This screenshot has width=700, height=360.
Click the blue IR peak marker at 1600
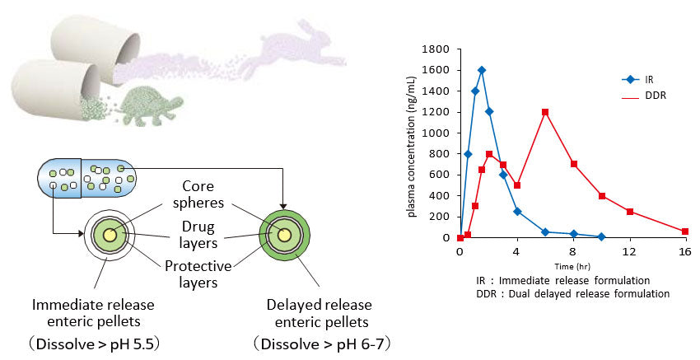pos(482,70)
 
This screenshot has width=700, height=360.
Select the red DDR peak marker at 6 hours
pos(544,112)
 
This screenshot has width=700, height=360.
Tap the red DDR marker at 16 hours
pos(685,231)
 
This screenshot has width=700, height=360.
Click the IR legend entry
pos(637,80)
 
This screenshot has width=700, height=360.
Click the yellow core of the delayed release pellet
pos(284,236)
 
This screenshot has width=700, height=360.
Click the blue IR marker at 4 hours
pos(516,211)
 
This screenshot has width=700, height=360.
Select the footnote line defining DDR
pos(572,293)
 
